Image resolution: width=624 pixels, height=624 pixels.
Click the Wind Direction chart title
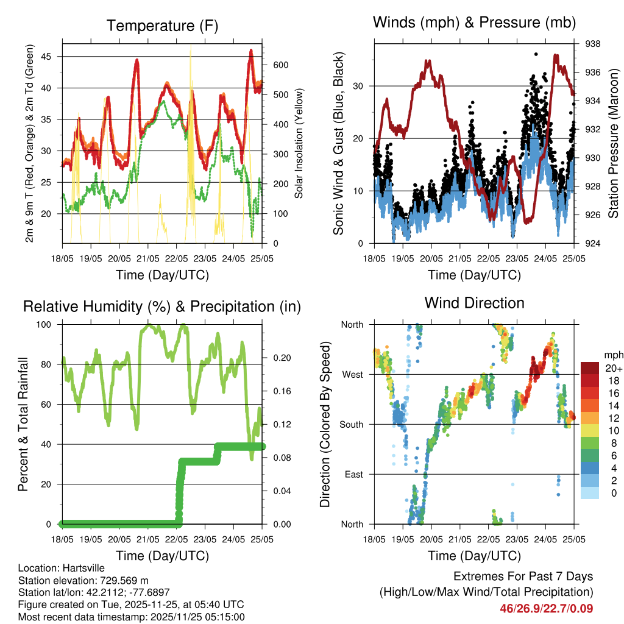474,302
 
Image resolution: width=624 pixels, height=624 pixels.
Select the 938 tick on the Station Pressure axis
593,44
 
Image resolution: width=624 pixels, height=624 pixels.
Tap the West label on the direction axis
352,375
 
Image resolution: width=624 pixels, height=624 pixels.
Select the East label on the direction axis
353,475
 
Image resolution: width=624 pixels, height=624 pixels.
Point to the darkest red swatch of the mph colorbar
590,368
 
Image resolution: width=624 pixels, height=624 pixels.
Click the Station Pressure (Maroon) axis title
614,143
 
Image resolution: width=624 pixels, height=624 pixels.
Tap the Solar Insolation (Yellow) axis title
299,143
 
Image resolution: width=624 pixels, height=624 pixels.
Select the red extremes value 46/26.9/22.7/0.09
546,608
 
